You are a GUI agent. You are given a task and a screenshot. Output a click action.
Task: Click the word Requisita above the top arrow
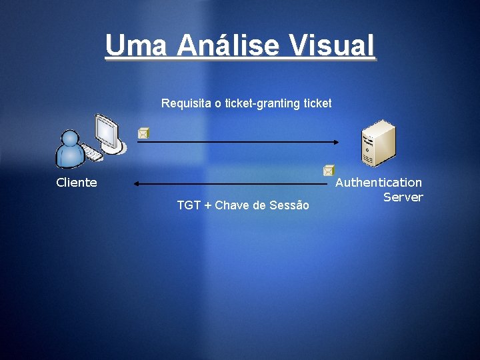click(x=186, y=103)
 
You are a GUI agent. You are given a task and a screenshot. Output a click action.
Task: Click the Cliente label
click(x=77, y=183)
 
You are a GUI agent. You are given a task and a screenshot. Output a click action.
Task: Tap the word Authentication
click(x=379, y=182)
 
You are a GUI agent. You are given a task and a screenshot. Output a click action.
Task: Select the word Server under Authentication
click(x=403, y=197)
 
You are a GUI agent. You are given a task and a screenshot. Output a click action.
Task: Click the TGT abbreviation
click(x=189, y=205)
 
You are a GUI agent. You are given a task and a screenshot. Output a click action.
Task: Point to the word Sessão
click(x=289, y=205)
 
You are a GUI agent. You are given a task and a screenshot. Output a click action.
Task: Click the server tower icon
click(x=377, y=143)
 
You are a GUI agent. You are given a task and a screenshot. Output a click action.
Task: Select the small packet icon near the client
click(x=143, y=133)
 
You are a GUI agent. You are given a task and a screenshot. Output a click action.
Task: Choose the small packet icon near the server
click(x=328, y=171)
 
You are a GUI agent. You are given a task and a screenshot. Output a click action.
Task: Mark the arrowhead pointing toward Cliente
click(x=136, y=183)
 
